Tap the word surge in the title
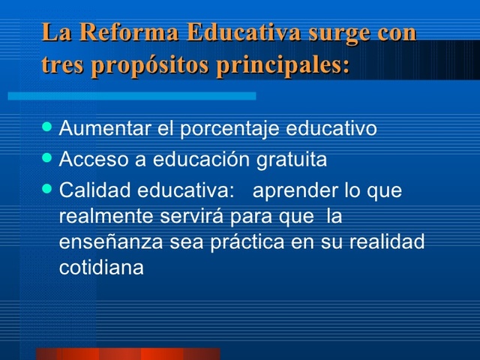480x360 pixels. coord(335,34)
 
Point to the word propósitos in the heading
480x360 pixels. coord(150,66)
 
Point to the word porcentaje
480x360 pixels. coord(228,128)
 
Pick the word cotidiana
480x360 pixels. coord(100,267)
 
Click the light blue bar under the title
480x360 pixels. coord(132,96)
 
